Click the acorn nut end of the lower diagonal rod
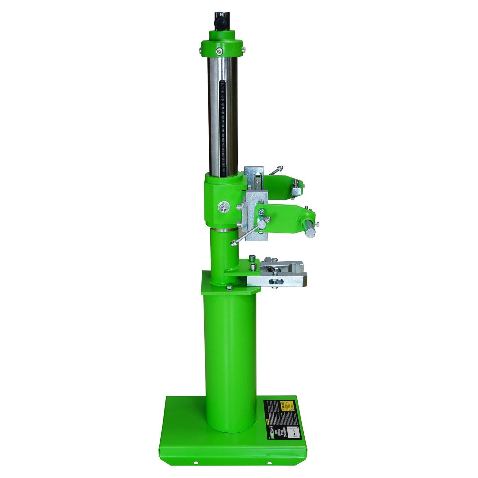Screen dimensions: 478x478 (234, 243)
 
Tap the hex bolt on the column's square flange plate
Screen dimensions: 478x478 (229, 288)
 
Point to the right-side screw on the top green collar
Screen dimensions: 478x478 (243, 49)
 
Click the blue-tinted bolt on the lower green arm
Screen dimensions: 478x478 (261, 211)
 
